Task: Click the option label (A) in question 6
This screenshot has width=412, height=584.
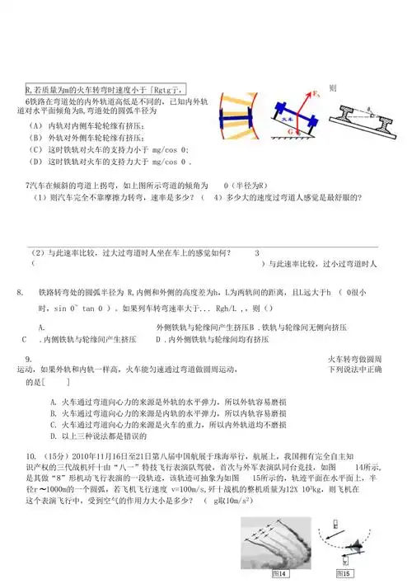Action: click(x=35, y=126)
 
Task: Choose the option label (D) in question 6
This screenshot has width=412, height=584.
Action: click(x=35, y=162)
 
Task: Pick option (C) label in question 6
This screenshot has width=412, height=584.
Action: click(x=35, y=150)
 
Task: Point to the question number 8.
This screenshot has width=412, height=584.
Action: click(x=20, y=293)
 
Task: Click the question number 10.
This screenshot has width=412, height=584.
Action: click(x=30, y=454)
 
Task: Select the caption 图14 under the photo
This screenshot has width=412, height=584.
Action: click(x=280, y=573)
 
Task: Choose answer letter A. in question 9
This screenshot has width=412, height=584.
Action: click(x=53, y=401)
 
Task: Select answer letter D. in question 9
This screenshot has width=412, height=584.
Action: click(x=53, y=436)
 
